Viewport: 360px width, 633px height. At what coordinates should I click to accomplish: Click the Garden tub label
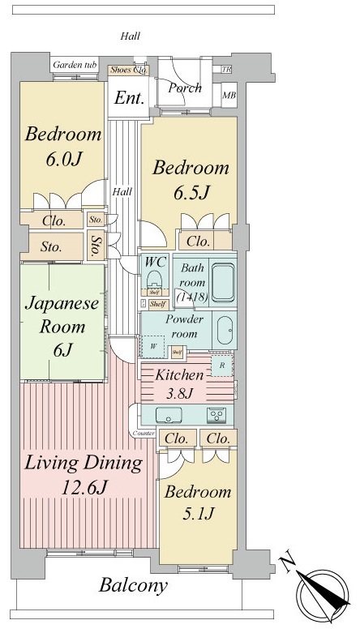75,65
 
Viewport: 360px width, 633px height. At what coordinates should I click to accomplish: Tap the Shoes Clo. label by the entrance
128,70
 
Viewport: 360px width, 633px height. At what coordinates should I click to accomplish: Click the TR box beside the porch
226,70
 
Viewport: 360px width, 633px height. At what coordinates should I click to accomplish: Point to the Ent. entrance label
129,99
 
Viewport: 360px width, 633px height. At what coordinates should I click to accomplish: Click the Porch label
185,88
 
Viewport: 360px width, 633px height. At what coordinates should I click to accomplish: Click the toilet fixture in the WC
154,282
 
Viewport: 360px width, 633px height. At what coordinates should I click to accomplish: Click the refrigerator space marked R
222,366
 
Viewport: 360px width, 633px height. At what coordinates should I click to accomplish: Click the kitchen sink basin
171,416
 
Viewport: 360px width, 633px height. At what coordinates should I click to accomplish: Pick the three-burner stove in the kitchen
217,415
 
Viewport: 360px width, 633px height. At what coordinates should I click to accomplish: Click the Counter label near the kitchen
143,434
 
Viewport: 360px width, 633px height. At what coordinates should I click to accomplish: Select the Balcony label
134,585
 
